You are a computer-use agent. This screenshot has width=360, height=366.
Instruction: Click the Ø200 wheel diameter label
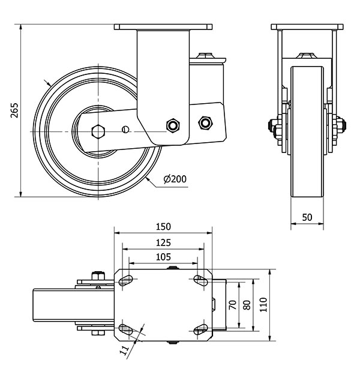coord(175,178)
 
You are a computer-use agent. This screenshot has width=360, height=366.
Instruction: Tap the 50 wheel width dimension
coord(307,218)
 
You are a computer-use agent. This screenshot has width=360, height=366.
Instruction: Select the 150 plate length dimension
coord(163,226)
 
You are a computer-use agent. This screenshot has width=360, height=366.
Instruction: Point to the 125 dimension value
coord(163,242)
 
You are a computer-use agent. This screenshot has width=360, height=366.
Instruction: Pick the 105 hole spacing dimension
coord(163,257)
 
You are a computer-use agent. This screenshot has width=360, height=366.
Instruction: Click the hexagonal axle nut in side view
coord(98,130)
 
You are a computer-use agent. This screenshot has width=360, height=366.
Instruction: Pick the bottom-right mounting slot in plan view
coord(200,328)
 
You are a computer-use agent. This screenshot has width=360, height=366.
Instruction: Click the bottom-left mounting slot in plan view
coord(127,328)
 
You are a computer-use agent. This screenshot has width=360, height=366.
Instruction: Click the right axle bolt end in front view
coord(344,127)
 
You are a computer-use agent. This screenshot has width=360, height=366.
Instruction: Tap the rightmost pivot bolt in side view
coord(205,123)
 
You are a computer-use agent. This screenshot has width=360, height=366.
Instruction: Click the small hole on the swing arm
coord(125,128)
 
